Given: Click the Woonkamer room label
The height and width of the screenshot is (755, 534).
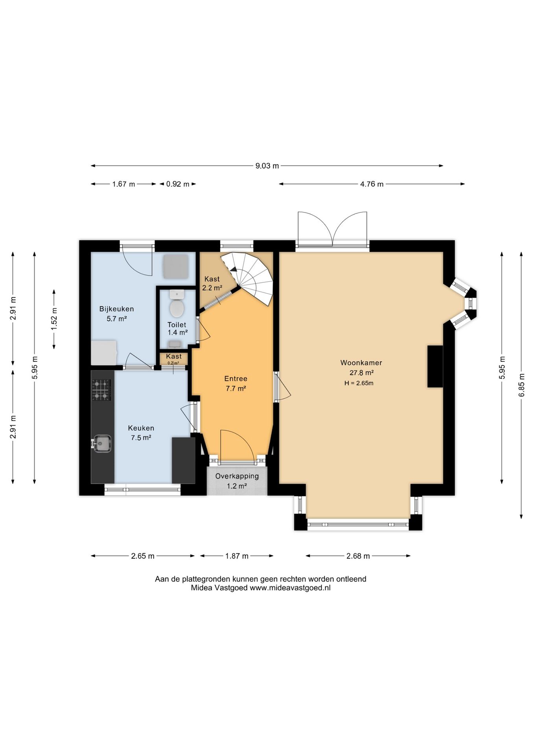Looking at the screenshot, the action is [361, 363].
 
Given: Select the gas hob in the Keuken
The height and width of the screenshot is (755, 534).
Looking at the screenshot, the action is [101, 390].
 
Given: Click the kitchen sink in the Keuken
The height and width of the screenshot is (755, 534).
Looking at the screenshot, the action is [101, 444].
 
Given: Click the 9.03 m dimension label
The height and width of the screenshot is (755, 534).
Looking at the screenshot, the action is [267, 166].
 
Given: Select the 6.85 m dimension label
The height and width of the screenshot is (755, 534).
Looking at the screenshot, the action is [522, 385].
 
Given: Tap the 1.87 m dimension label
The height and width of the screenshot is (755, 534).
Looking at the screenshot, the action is [237, 556].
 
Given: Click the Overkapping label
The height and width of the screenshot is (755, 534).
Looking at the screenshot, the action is [237, 476].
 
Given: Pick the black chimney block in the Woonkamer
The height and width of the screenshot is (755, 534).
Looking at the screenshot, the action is [435, 366].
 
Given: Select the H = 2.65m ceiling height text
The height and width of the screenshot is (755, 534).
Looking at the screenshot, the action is [359, 383].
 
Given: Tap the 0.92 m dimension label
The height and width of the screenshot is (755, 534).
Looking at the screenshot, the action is [178, 184].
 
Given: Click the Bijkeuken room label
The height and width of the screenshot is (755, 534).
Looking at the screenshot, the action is [116, 309].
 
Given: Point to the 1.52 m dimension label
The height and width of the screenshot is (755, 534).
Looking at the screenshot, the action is [54, 319].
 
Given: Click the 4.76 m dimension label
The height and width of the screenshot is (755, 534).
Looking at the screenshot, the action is [372, 184].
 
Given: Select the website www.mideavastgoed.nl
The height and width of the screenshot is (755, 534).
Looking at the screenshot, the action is [290, 588].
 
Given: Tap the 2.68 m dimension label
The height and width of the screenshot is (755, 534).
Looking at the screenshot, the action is [358, 556].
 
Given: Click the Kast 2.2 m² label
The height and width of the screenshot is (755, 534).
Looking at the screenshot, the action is [212, 284].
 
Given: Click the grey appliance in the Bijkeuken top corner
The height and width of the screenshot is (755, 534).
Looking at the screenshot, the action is [176, 267].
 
